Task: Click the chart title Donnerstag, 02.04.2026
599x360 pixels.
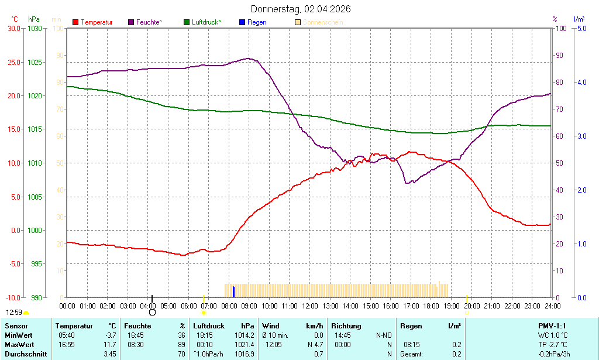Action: pos(301,9)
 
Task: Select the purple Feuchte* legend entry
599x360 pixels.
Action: pos(145,22)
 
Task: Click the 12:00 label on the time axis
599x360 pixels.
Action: pos(309,306)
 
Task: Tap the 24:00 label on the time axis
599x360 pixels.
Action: pos(552,306)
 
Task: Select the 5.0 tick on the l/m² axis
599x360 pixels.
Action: pos(582,28)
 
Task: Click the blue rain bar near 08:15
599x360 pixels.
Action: pos(233,292)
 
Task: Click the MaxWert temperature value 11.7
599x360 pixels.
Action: pos(110,345)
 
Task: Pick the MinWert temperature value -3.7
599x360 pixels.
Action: pos(111,335)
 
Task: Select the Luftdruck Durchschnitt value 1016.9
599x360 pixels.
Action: pos(245,354)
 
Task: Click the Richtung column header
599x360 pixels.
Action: pos(346,326)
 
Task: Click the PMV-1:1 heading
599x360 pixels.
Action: pos(552,326)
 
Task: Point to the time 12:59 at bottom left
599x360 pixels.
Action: pos(14,313)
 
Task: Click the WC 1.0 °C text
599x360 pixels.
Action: pos(552,335)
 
